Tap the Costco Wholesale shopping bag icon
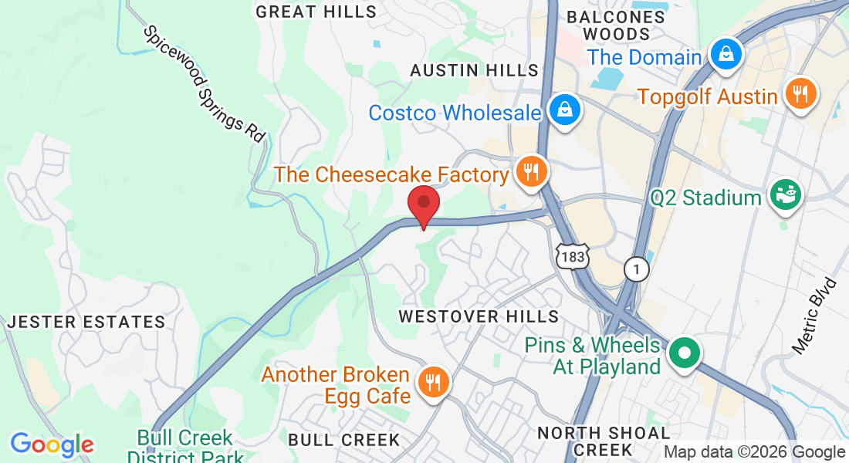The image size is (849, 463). coord(565,110)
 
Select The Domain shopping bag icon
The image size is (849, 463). coord(726,54)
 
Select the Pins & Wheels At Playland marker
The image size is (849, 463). coord(684,353)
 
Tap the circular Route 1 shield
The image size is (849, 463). coord(637,269)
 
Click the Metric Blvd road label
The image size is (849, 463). coord(817,316)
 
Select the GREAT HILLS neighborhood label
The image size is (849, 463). coord(316,12)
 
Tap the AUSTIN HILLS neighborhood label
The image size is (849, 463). coord(474,70)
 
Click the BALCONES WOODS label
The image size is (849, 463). coord(616,25)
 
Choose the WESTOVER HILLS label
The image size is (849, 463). coord(478,316)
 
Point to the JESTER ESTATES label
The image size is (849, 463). coord(86,322)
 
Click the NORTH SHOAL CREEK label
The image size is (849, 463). coord(604,441)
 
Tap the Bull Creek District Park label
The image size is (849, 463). coord(184,446)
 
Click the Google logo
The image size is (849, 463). coord(52,444)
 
